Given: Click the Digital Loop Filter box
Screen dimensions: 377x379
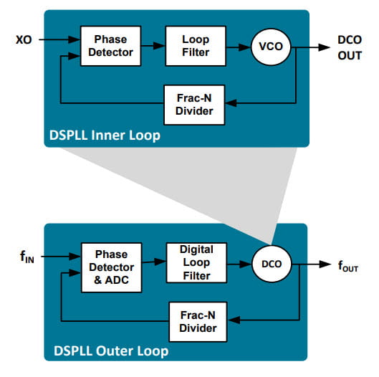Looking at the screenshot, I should pyautogui.click(x=196, y=263).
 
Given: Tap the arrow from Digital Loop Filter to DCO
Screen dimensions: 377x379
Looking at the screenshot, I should pyautogui.click(x=240, y=264).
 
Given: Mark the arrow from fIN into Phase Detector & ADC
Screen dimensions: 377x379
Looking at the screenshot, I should pyautogui.click(x=60, y=254).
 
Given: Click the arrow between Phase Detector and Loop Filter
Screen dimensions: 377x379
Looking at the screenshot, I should pyautogui.click(x=150, y=46).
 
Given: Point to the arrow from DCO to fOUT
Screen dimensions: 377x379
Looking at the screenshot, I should pyautogui.click(x=312, y=264).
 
